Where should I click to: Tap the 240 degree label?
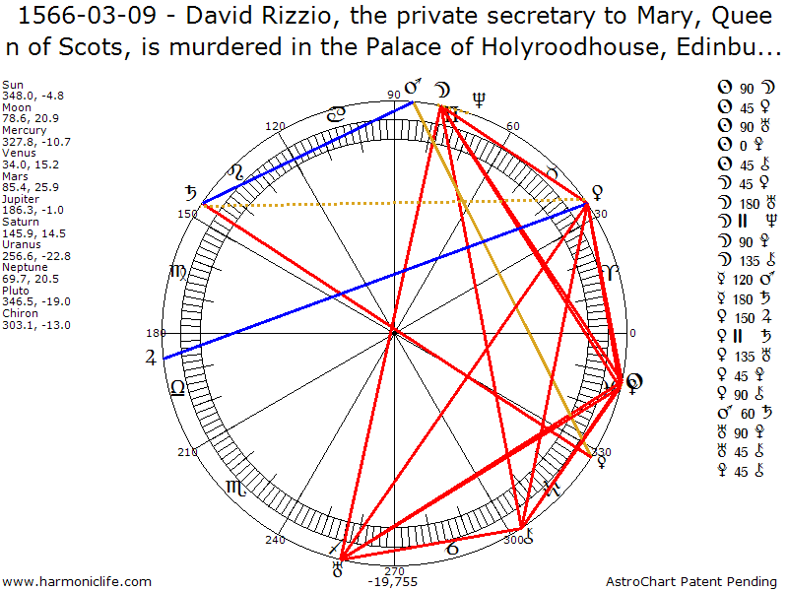[275, 539]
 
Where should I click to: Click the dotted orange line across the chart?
[394, 203]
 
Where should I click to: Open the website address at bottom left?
[77, 581]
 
